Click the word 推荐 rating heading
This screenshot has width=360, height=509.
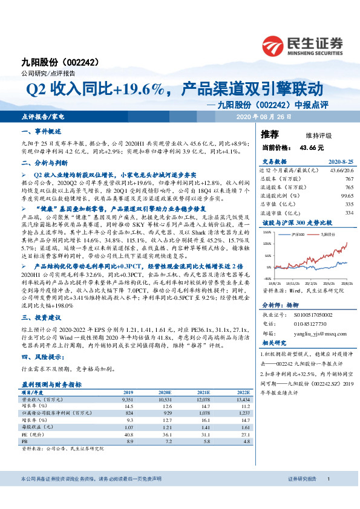[269, 134]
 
